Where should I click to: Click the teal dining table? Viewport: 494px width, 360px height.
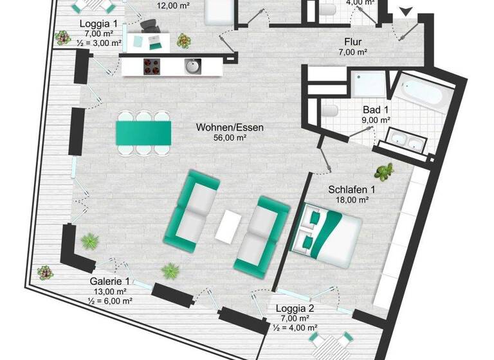(143, 133)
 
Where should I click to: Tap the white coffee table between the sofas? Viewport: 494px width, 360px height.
(228, 226)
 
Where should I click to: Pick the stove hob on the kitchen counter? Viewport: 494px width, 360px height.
(151, 66)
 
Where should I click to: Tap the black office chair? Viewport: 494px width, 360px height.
(150, 27)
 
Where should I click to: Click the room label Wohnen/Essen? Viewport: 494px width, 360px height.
(230, 127)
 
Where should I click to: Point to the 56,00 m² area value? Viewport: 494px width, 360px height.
(230, 137)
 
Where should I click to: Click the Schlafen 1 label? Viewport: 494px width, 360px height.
(351, 190)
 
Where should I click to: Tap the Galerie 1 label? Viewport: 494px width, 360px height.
(109, 282)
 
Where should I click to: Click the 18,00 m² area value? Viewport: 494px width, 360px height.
(351, 200)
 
